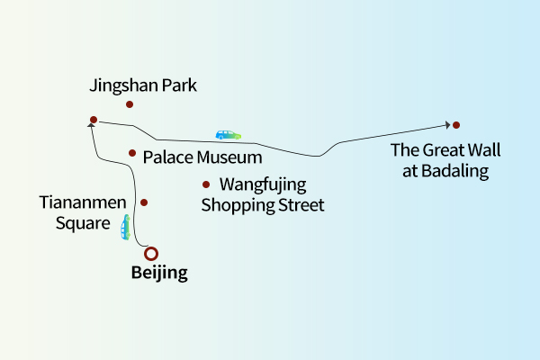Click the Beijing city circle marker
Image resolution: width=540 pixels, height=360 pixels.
click(151, 254)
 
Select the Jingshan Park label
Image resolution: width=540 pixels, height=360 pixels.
click(143, 86)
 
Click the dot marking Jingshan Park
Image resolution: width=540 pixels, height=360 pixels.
click(130, 104)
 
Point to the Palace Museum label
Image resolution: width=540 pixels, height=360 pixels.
click(202, 157)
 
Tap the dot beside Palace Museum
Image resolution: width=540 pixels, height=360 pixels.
click(132, 153)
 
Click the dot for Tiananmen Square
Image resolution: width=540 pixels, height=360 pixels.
click(143, 202)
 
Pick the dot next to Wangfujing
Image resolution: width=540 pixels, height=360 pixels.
click(206, 184)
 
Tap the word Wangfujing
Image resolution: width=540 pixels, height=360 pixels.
click(263, 185)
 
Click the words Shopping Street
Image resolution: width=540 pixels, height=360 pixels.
click(262, 205)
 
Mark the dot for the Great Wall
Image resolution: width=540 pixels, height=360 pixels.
click(456, 124)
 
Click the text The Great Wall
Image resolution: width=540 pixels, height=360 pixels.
click(445, 151)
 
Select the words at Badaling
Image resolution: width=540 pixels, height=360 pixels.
click(445, 171)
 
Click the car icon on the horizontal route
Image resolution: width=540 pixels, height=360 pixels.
click(229, 135)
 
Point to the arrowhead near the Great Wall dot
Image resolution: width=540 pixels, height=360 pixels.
click(446, 125)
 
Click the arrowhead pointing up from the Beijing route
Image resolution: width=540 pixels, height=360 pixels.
click(91, 128)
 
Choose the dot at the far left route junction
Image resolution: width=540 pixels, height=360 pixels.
click(94, 119)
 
